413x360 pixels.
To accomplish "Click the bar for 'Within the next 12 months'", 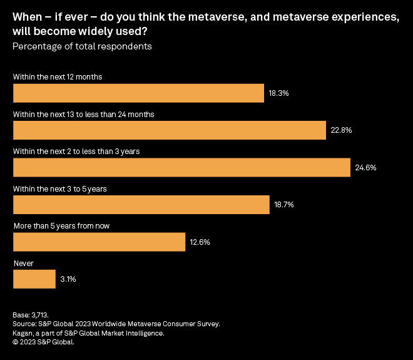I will [138, 93].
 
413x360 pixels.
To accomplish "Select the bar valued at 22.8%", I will [170, 130].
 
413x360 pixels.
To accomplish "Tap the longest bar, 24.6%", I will [181, 168].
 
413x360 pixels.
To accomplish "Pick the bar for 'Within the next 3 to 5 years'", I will [141, 205].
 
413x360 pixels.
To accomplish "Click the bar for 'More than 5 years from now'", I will [99, 242].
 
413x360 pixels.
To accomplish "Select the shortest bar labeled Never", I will [34, 279].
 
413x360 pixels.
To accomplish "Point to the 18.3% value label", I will [278, 93].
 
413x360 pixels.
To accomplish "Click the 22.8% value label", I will [341, 130].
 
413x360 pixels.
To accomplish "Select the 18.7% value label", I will [284, 205].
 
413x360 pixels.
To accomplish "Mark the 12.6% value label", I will [200, 242].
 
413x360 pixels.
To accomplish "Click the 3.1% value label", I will [68, 279].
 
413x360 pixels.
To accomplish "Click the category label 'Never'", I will [23, 264].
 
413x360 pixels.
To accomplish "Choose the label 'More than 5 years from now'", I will [62, 226].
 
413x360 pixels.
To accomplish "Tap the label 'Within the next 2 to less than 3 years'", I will [81, 152].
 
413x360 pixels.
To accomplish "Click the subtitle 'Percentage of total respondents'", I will [83, 46].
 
